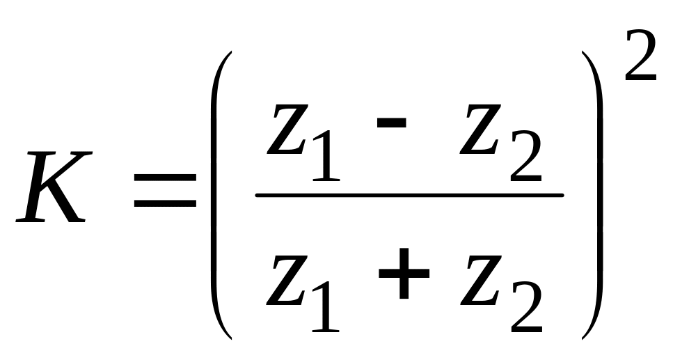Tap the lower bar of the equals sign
click(x=165, y=204)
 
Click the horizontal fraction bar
click(x=409, y=195)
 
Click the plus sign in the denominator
click(x=404, y=275)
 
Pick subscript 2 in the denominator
click(x=525, y=310)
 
